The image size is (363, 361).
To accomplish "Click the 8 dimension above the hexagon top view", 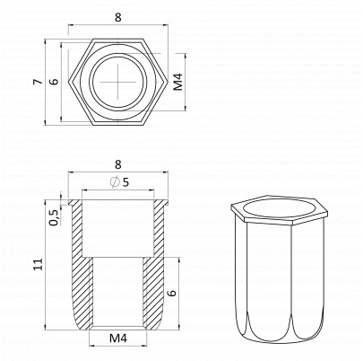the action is click(118, 17).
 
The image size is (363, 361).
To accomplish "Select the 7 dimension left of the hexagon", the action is click(38, 82).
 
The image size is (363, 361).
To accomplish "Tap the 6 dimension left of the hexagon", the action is click(54, 82).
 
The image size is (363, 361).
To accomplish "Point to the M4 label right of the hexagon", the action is click(178, 82).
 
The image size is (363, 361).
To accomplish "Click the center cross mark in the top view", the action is click(118, 81).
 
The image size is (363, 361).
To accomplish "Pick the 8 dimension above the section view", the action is click(118, 164).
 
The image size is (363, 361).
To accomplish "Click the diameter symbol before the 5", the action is click(115, 181).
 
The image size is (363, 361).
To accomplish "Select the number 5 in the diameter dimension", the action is click(125, 181).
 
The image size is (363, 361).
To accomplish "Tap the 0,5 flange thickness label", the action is click(54, 217).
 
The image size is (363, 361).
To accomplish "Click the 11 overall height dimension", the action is click(38, 264).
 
